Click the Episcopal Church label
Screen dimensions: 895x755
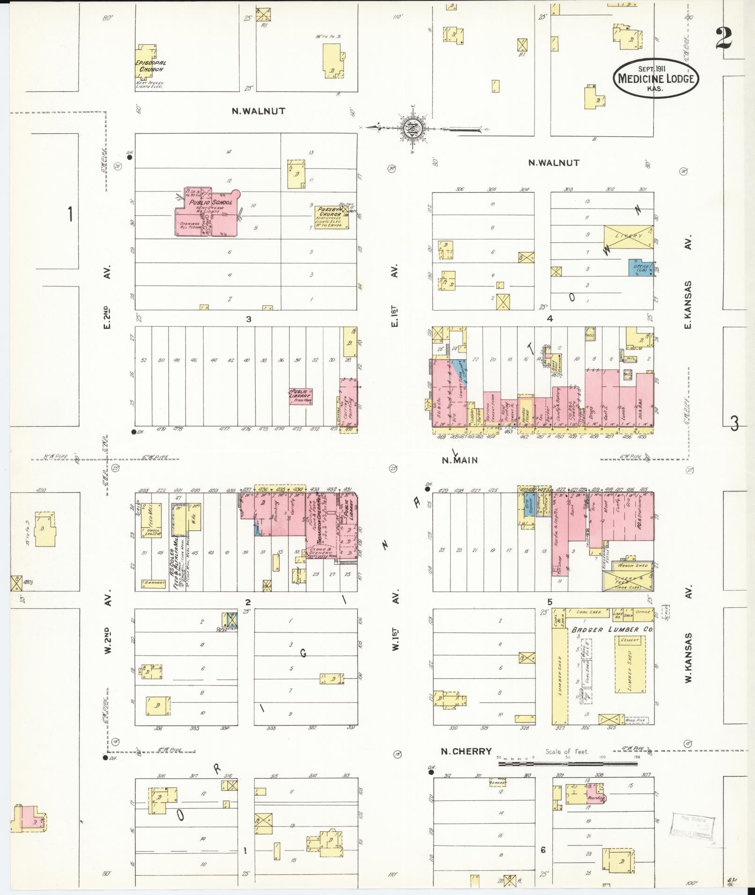151,66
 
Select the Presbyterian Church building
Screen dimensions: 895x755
331,218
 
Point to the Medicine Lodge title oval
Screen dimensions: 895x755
656,79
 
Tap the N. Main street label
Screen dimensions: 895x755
460,460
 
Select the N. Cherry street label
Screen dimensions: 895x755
467,751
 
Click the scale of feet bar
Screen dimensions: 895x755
567,764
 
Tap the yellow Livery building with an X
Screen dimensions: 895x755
628,236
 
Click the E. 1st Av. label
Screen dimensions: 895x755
395,296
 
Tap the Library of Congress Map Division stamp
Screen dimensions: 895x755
693,827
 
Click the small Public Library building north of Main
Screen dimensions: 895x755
301,396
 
